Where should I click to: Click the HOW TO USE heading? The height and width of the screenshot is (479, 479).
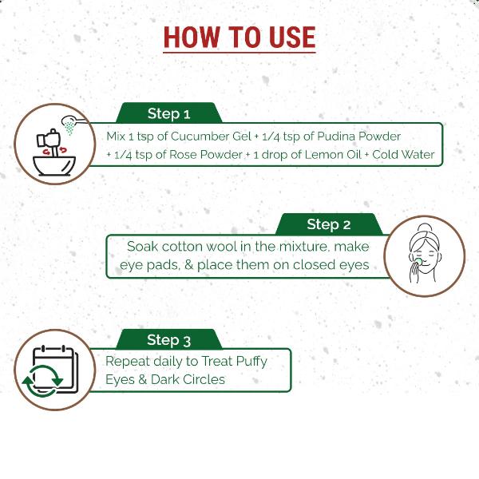[x=239, y=37]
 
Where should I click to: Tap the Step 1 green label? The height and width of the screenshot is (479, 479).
[x=168, y=113]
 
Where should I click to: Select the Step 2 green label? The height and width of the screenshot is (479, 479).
[x=328, y=224]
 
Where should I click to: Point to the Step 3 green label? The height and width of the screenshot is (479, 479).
[x=168, y=341]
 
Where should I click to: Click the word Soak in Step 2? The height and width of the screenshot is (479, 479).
[x=144, y=247]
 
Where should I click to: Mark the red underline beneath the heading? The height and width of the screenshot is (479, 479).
[x=239, y=53]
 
